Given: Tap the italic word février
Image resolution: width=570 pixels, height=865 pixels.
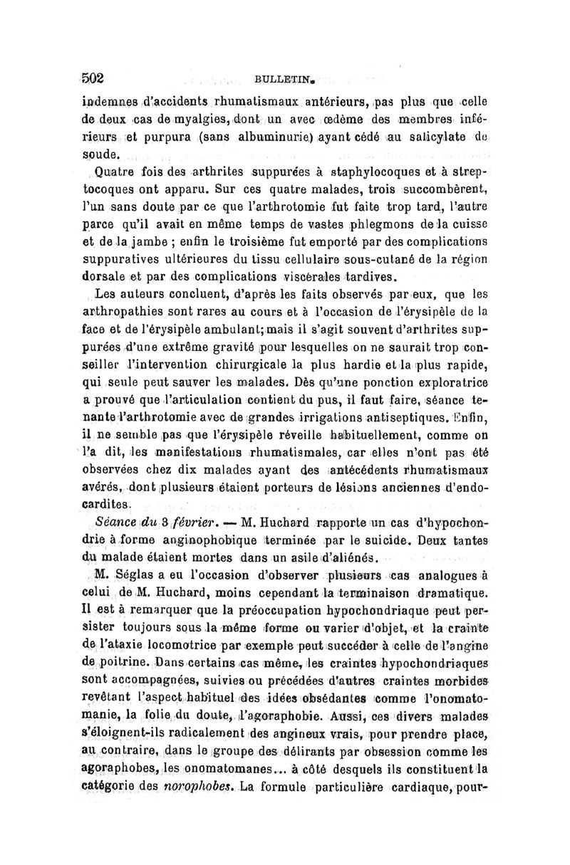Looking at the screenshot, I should [167, 520].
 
